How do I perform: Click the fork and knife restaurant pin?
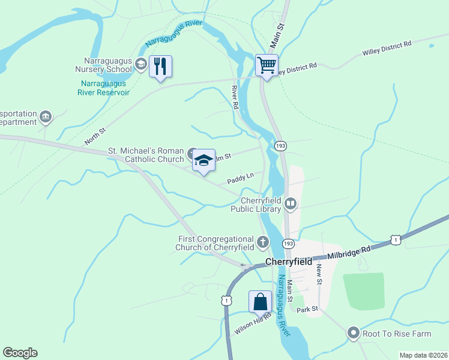[x=160, y=67]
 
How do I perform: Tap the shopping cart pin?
[x=267, y=65]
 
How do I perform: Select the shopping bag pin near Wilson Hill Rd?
[x=260, y=301]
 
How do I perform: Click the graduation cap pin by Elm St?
[x=203, y=160]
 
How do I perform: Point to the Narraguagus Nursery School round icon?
[x=141, y=64]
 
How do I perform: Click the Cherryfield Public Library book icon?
[x=291, y=205]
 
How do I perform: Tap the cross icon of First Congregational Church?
[x=262, y=242]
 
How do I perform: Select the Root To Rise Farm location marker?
[x=353, y=332]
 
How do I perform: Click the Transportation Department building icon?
[x=46, y=116]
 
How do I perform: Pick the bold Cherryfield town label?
[x=289, y=262]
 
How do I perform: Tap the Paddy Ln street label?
[x=240, y=178]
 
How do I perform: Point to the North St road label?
[x=95, y=135]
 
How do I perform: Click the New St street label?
[x=319, y=274]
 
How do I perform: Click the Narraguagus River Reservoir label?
[x=103, y=88]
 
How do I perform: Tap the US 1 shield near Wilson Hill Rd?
[x=226, y=299]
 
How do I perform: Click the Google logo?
[x=20, y=353]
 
